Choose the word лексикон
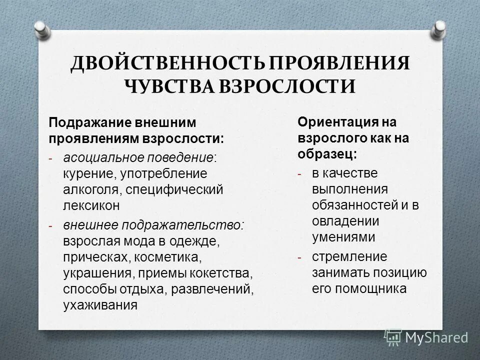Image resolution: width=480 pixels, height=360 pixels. click(91, 205)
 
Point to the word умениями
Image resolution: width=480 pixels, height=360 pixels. click(343, 237)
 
